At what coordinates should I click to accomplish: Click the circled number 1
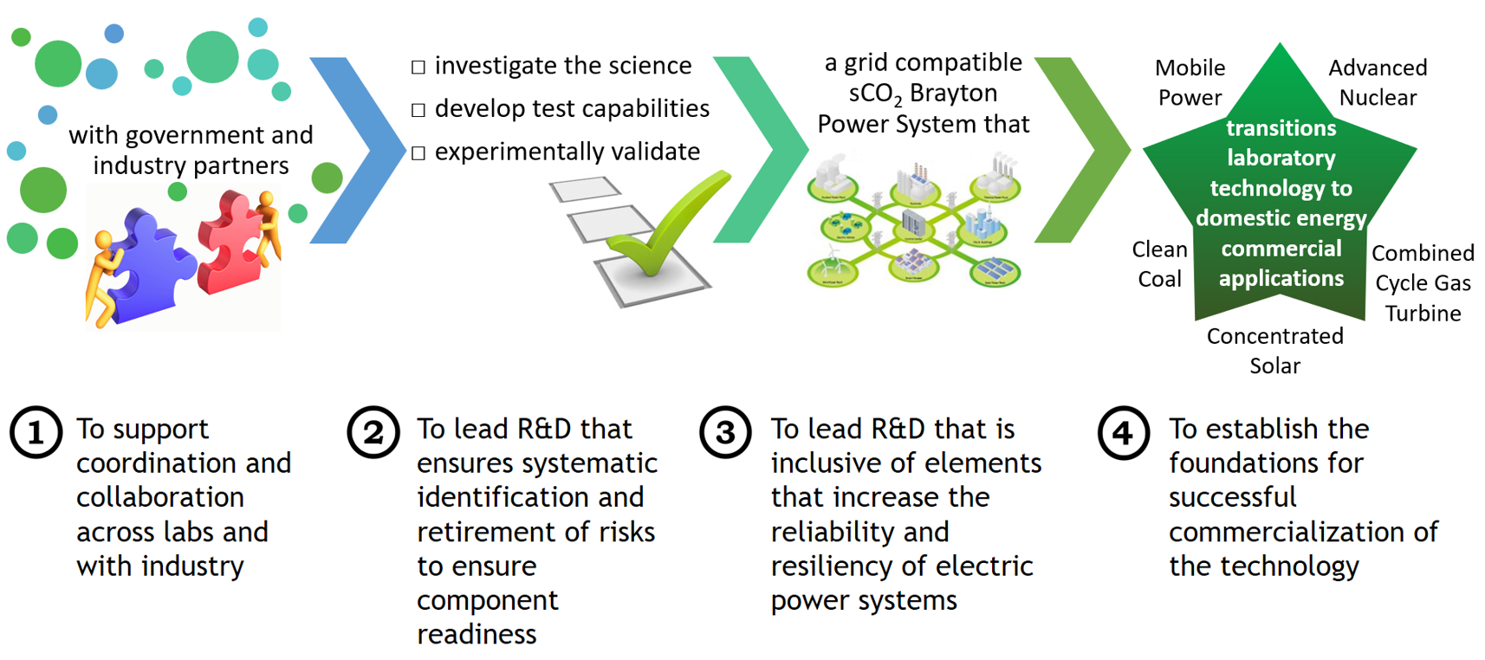(x=36, y=432)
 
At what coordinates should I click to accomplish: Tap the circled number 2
(x=373, y=432)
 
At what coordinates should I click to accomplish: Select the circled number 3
(x=725, y=432)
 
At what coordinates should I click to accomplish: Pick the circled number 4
(x=1123, y=432)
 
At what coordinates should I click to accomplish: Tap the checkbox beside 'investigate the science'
(x=418, y=67)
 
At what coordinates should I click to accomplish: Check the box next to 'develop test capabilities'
(x=418, y=110)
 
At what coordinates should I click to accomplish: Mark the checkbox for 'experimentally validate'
(x=418, y=153)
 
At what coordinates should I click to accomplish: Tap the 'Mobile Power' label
(x=1190, y=82)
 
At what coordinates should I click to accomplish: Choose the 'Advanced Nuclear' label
(x=1378, y=82)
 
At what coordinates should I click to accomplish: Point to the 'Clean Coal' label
(x=1159, y=264)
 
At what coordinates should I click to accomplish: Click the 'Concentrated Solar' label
(x=1274, y=351)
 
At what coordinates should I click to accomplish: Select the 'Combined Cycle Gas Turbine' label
(x=1423, y=283)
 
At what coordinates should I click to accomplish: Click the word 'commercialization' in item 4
(x=1303, y=531)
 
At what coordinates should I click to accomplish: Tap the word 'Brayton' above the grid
(x=953, y=93)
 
